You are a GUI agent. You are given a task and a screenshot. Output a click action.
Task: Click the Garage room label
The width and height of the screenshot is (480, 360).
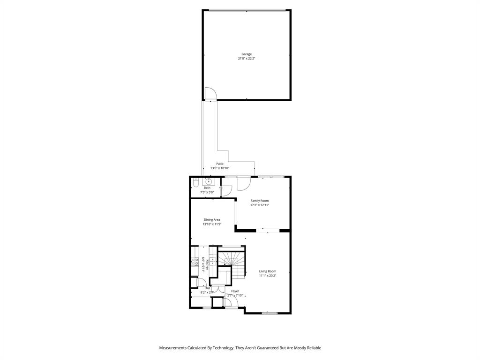(x=247, y=54)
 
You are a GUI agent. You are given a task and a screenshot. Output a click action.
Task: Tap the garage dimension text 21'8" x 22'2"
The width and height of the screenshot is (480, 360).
(x=247, y=59)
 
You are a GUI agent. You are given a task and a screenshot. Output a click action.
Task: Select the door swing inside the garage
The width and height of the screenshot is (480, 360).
(x=210, y=94)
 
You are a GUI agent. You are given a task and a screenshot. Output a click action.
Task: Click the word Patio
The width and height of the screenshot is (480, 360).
(x=220, y=164)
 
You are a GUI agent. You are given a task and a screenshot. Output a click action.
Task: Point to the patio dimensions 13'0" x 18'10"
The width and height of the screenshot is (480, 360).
(x=220, y=168)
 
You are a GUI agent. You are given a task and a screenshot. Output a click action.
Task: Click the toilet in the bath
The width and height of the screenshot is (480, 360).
(x=195, y=182)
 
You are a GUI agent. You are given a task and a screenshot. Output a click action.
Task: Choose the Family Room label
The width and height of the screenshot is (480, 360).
(x=259, y=201)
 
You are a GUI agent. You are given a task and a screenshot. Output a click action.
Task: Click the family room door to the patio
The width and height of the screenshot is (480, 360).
(x=244, y=183)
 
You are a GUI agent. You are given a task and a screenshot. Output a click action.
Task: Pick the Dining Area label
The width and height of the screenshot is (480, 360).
(x=212, y=219)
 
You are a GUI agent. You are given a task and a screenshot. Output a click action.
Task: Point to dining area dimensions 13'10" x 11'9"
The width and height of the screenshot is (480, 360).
(x=212, y=224)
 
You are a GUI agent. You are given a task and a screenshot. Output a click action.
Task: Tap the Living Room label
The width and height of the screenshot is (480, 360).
(x=268, y=271)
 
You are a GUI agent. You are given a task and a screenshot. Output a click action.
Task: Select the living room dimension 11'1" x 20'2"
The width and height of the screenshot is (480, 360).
(x=268, y=276)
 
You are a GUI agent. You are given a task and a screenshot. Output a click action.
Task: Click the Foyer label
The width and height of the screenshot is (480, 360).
(x=235, y=291)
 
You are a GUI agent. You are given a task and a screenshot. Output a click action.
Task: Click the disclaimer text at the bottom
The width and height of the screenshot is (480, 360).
(x=240, y=348)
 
